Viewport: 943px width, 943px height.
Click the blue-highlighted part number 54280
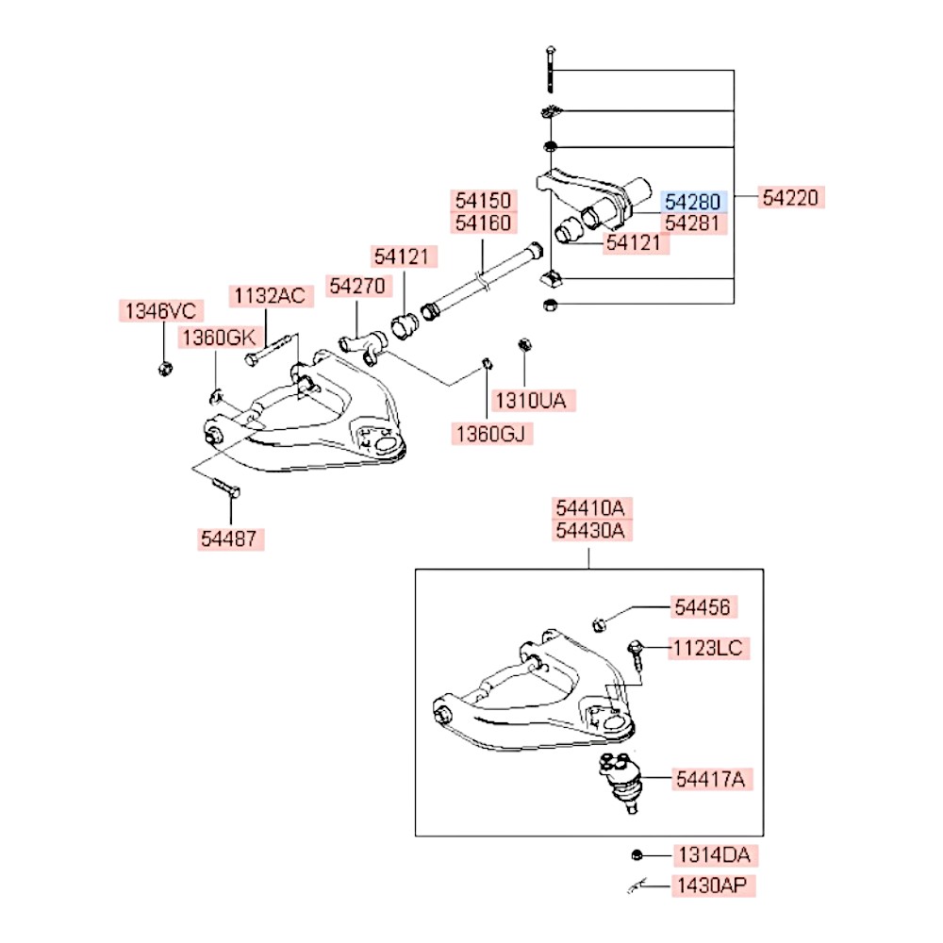[x=693, y=202]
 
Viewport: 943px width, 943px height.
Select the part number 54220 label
[x=790, y=197]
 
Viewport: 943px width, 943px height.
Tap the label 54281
[x=693, y=223]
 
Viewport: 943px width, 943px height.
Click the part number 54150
[x=483, y=200]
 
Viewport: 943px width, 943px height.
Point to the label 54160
[x=483, y=223]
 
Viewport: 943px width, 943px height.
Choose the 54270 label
[x=357, y=286]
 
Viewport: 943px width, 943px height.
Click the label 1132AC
[x=270, y=296]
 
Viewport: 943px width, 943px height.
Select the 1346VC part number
[x=160, y=311]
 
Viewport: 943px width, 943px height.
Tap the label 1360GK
[x=220, y=338]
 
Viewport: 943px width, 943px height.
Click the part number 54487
[x=229, y=538]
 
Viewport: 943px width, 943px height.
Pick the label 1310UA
[x=531, y=400]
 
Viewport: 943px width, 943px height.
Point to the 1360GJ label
[x=490, y=434]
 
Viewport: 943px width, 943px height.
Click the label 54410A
[x=590, y=508]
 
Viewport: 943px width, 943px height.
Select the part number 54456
[x=703, y=606]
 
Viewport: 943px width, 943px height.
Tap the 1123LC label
[x=708, y=649]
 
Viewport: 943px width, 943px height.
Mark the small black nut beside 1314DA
[x=637, y=854]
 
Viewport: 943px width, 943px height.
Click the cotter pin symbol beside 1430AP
[x=637, y=885]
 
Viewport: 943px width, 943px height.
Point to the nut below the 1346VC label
[x=165, y=368]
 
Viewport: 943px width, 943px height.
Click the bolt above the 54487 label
[x=226, y=487]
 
